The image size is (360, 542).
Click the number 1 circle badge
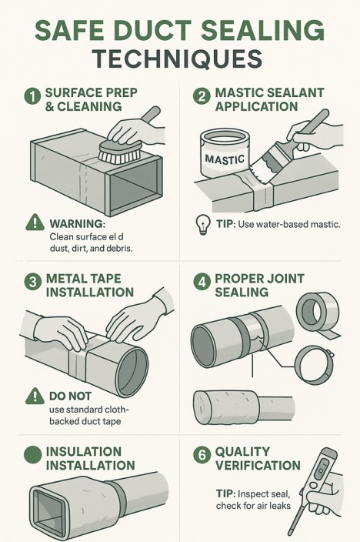click(x=32, y=95)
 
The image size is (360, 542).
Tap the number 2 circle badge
click(x=202, y=95)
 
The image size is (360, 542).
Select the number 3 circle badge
click(x=33, y=282)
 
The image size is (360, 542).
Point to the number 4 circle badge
click(x=202, y=282)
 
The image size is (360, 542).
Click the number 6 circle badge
click(x=202, y=455)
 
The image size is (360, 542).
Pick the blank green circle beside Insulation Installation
click(x=33, y=454)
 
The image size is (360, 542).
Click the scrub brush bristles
click(x=120, y=154)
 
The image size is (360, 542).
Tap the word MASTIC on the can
click(x=225, y=159)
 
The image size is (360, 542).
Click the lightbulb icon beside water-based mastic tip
click(x=203, y=225)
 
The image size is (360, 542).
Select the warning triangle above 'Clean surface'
click(x=35, y=222)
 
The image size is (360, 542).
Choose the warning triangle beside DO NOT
click(x=35, y=396)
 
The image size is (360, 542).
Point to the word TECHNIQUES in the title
click(x=177, y=59)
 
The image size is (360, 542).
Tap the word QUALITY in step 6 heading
click(x=242, y=451)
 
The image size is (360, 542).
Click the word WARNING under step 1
click(x=78, y=223)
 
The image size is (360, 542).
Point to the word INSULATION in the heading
click(x=84, y=451)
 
